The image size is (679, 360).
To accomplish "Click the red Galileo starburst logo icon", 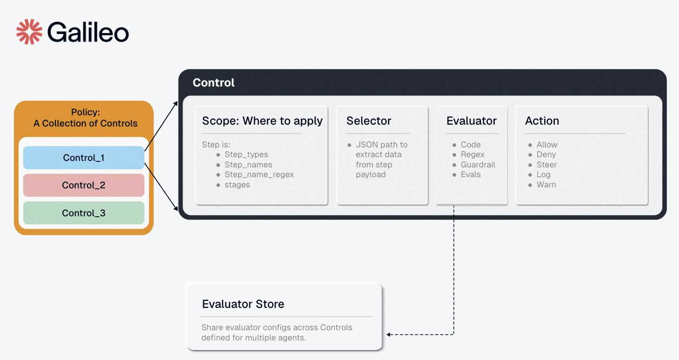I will coord(29,32).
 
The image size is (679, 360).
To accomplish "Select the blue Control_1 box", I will coord(84,158).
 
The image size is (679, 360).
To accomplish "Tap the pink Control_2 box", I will coord(84,185).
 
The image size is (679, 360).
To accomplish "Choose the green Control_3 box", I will coord(84,213).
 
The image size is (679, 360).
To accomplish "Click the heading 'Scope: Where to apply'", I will coord(262,121).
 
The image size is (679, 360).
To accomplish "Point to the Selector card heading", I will coord(369,121).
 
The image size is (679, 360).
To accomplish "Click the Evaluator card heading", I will coord(471,121).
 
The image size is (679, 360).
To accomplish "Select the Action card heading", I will coord(542,121).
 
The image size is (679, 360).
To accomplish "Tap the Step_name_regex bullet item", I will coord(259,174).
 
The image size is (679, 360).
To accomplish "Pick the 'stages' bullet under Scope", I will coord(237,185).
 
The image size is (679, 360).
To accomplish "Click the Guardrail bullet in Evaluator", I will coord(478,165).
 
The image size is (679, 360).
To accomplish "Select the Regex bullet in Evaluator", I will coord(473,154).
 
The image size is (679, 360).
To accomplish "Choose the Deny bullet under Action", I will coord(546,154).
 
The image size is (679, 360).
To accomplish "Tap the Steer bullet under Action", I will coord(546,165).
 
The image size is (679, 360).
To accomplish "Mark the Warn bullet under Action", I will coord(546,185).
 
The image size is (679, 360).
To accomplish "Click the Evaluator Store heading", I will coord(243,304).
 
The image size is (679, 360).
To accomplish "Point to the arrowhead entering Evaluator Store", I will coord(389,334).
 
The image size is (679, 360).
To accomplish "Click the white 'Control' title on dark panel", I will coord(213,83).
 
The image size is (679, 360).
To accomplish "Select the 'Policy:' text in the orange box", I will coord(86,112).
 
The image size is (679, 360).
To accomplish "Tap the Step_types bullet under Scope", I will coord(246,154).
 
